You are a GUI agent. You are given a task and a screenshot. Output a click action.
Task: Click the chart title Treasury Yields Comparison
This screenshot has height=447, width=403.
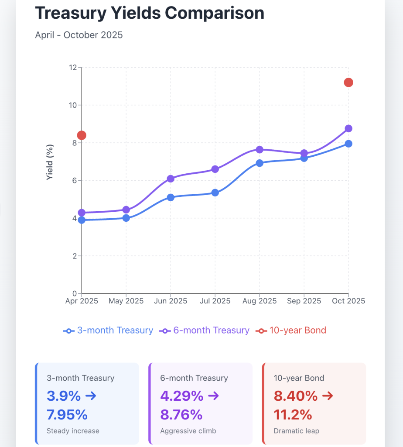pyautogui.click(x=150, y=13)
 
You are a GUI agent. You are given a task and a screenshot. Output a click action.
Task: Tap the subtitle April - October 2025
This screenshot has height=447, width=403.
pyautogui.click(x=79, y=35)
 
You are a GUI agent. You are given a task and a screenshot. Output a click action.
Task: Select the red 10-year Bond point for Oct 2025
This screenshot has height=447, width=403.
pyautogui.click(x=348, y=83)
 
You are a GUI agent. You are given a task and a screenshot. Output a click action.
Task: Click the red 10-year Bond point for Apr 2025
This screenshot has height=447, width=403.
pyautogui.click(x=82, y=135)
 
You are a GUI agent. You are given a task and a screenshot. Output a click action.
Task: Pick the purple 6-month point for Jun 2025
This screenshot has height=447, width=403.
pyautogui.click(x=171, y=179)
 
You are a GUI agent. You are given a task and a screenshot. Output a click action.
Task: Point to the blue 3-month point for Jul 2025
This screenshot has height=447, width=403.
pyautogui.click(x=215, y=193)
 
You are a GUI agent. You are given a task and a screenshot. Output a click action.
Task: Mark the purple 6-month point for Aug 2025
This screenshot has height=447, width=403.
pyautogui.click(x=260, y=149)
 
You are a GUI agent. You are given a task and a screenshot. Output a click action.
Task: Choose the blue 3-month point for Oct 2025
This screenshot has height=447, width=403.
pyautogui.click(x=348, y=144)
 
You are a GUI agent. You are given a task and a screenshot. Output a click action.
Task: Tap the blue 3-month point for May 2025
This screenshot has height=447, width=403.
pyautogui.click(x=126, y=218)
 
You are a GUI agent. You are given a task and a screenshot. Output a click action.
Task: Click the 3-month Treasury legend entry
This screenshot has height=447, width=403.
pyautogui.click(x=108, y=330)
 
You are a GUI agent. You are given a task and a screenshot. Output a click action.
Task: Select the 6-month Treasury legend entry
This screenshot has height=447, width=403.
pyautogui.click(x=205, y=330)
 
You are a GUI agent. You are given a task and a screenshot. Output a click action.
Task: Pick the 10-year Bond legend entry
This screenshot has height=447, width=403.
pyautogui.click(x=292, y=330)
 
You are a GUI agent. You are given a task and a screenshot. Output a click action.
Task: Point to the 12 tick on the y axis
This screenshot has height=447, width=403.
pyautogui.click(x=72, y=68)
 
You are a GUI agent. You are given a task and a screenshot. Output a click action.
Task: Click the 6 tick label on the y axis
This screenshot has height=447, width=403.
pyautogui.click(x=74, y=181)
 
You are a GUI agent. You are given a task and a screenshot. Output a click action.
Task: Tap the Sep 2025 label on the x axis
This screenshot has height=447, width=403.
pyautogui.click(x=304, y=301)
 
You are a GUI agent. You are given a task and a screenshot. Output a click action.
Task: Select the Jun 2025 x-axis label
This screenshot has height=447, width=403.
pyautogui.click(x=171, y=301)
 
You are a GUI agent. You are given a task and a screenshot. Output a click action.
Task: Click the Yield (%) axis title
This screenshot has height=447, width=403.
pyautogui.click(x=50, y=162)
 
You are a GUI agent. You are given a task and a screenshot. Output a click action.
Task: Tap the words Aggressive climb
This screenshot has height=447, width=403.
pyautogui.click(x=188, y=431)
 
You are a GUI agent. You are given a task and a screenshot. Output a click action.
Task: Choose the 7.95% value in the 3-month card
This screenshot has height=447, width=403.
pyautogui.click(x=67, y=414)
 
